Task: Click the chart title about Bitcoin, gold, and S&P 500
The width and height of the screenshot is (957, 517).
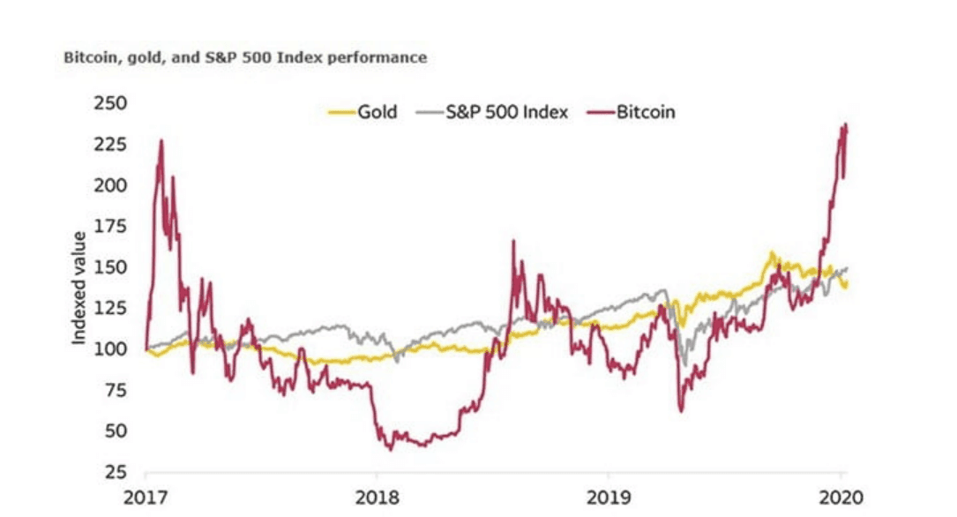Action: [x=245, y=57]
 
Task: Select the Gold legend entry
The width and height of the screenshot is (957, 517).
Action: [x=377, y=112]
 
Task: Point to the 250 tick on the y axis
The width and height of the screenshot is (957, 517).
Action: [x=116, y=104]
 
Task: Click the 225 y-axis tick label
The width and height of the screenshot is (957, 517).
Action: [x=116, y=145]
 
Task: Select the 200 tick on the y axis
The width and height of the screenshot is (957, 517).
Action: [x=116, y=185]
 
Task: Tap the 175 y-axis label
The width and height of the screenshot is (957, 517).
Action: [x=116, y=227]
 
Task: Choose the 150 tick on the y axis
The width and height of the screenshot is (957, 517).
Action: [x=116, y=267]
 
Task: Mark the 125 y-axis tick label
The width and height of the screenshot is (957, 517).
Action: [x=116, y=308]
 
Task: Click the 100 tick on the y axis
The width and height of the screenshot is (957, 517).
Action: [x=116, y=349]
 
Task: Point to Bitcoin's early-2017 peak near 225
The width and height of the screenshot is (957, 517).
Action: [x=161, y=141]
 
